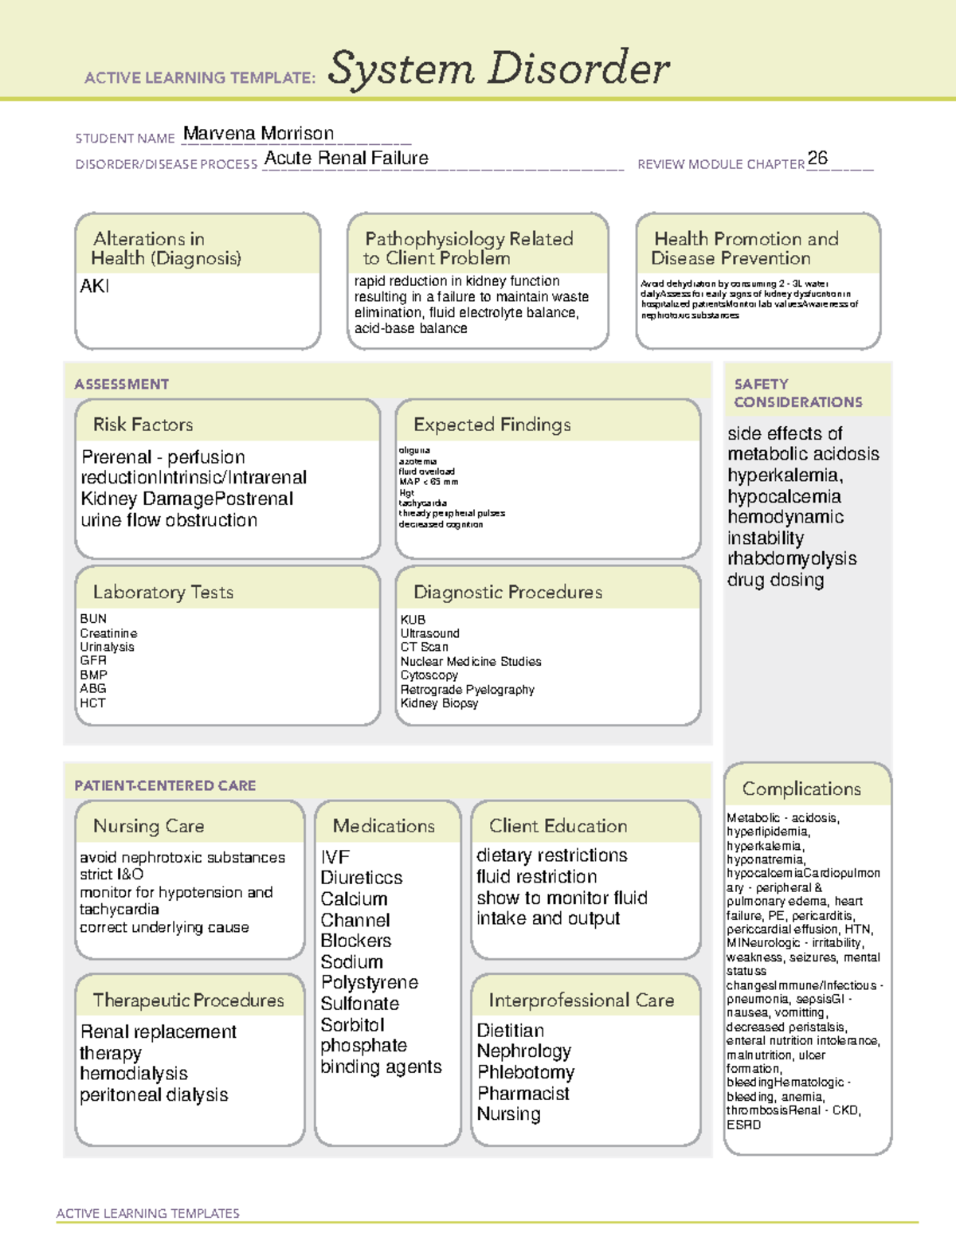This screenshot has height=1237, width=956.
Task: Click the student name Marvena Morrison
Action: point(258,134)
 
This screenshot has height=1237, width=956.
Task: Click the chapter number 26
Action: point(817,158)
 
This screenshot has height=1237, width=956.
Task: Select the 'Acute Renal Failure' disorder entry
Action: point(346,159)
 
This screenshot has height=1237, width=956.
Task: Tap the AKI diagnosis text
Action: point(94,286)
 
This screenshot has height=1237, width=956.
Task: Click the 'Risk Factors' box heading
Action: point(143,425)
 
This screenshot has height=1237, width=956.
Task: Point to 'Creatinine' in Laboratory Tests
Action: point(108,633)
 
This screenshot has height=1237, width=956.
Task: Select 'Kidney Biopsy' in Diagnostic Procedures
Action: point(439,703)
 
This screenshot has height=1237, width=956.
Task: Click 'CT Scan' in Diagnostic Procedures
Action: point(424,647)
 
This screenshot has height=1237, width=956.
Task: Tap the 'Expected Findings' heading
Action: point(492,425)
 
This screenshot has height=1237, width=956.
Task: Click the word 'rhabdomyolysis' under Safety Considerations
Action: point(792,558)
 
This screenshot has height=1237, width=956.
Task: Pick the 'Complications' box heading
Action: point(801,789)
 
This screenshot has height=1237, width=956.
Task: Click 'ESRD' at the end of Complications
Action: point(743,1125)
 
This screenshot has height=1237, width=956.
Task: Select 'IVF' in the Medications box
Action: point(335,857)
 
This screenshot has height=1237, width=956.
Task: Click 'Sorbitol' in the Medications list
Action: point(352,1025)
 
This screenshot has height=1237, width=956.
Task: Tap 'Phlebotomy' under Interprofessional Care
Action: point(525,1072)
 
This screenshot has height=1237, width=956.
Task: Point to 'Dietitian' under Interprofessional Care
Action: point(510,1031)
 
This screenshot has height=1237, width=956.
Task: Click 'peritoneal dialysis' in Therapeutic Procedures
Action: point(154,1095)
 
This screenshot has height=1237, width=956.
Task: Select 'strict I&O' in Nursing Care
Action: point(112,875)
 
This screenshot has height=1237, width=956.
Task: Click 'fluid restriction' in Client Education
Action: point(536,877)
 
